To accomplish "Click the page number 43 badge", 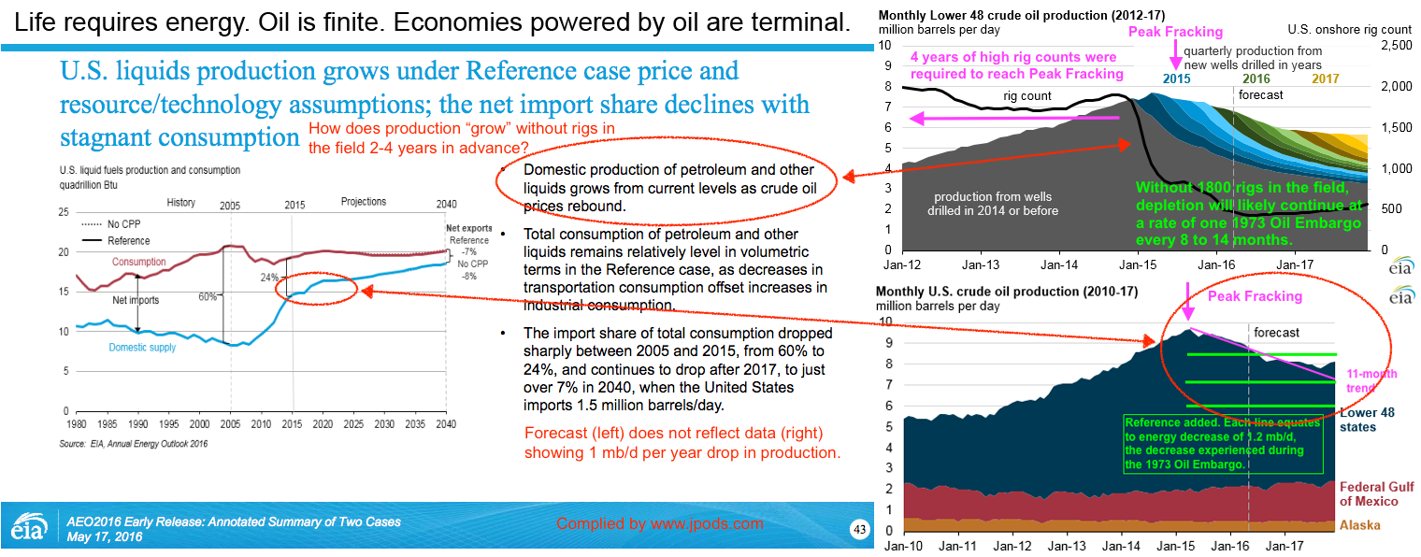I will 859,529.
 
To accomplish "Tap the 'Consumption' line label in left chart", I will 139,262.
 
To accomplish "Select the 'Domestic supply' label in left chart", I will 141,348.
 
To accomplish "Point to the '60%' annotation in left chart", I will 207,296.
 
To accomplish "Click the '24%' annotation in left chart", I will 271,278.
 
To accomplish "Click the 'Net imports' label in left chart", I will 136,301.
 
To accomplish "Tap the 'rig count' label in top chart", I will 1027,96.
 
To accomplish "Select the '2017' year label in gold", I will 1325,79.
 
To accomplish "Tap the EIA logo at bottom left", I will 26,527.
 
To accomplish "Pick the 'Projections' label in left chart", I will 364,202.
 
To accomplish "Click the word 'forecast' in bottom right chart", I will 1276,333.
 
